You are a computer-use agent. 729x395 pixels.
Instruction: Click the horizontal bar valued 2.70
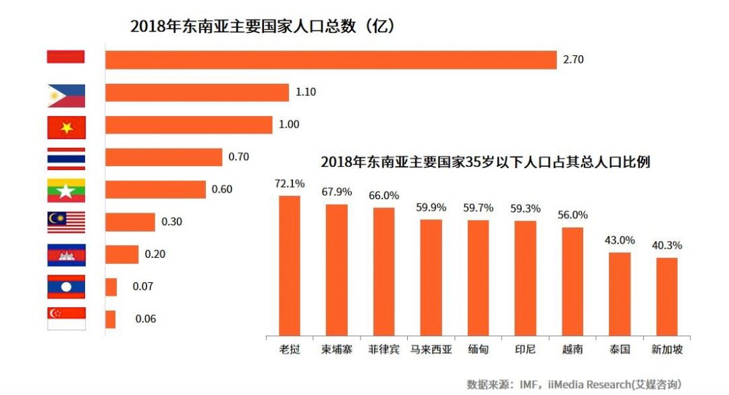(x=331, y=59)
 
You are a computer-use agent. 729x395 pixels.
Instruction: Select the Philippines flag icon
(x=66, y=96)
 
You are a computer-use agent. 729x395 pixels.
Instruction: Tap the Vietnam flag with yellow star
(x=66, y=127)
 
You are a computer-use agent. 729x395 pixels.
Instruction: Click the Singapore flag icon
(x=66, y=318)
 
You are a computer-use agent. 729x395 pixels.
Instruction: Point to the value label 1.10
(x=306, y=92)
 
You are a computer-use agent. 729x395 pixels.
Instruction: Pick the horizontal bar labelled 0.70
(x=163, y=157)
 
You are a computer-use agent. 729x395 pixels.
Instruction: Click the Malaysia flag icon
(x=66, y=222)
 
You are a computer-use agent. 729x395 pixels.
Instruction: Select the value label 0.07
(x=143, y=286)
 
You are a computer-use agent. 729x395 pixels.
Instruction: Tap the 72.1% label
(x=290, y=183)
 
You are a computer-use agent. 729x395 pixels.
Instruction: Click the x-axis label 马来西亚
(x=431, y=350)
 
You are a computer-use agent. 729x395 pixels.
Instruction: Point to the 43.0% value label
(x=620, y=240)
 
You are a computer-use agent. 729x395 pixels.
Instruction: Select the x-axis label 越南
(x=572, y=350)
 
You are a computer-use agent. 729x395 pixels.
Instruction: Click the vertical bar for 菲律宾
(x=383, y=271)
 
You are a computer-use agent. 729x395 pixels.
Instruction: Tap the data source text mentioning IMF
(x=574, y=384)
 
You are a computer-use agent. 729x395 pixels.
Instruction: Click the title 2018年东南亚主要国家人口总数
(x=262, y=26)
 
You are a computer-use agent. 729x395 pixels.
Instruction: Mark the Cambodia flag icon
(x=66, y=255)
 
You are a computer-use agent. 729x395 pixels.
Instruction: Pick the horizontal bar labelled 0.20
(x=122, y=254)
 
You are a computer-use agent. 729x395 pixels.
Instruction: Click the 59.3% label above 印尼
(x=525, y=209)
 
